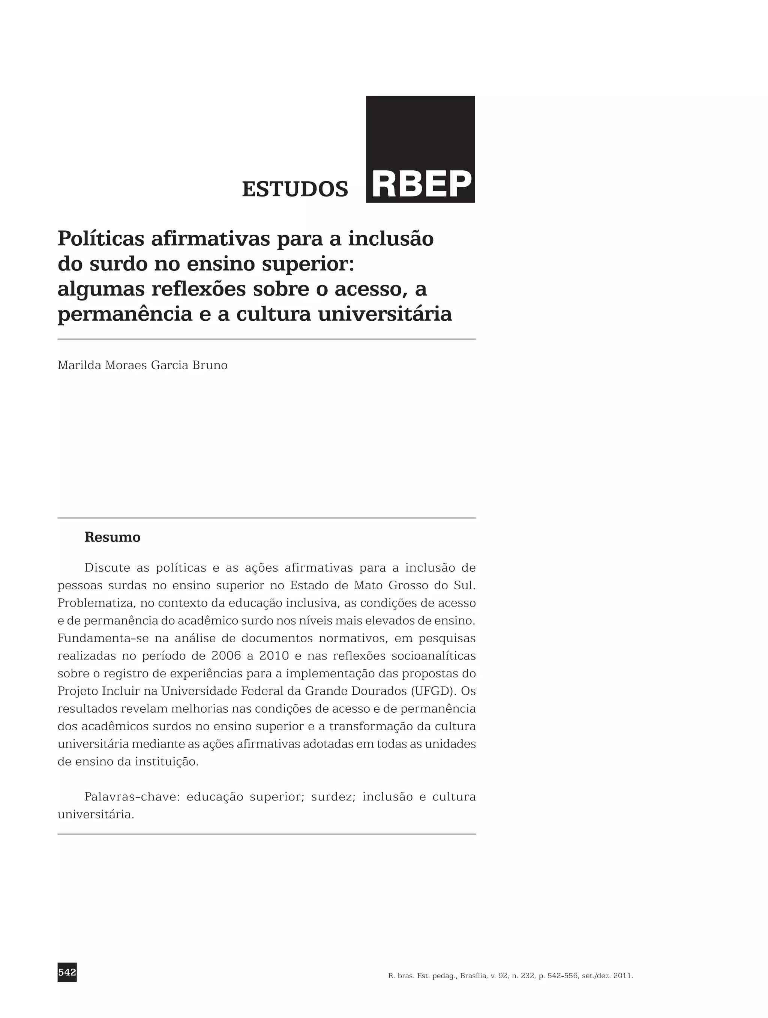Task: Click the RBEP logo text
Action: click(421, 184)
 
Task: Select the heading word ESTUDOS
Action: click(295, 189)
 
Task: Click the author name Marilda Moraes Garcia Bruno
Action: click(142, 365)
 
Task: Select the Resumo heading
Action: click(112, 537)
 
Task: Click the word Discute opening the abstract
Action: click(107, 568)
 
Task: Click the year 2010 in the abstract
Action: click(274, 656)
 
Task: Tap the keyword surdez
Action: click(333, 797)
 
